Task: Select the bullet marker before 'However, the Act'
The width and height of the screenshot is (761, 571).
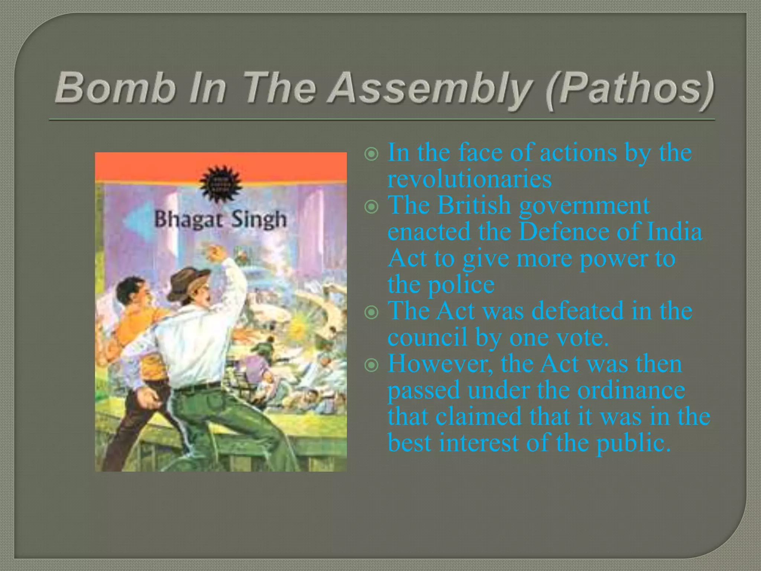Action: point(372,365)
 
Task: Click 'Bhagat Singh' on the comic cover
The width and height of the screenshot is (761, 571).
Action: point(221,219)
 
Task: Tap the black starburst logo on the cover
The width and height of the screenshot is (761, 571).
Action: point(221,184)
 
